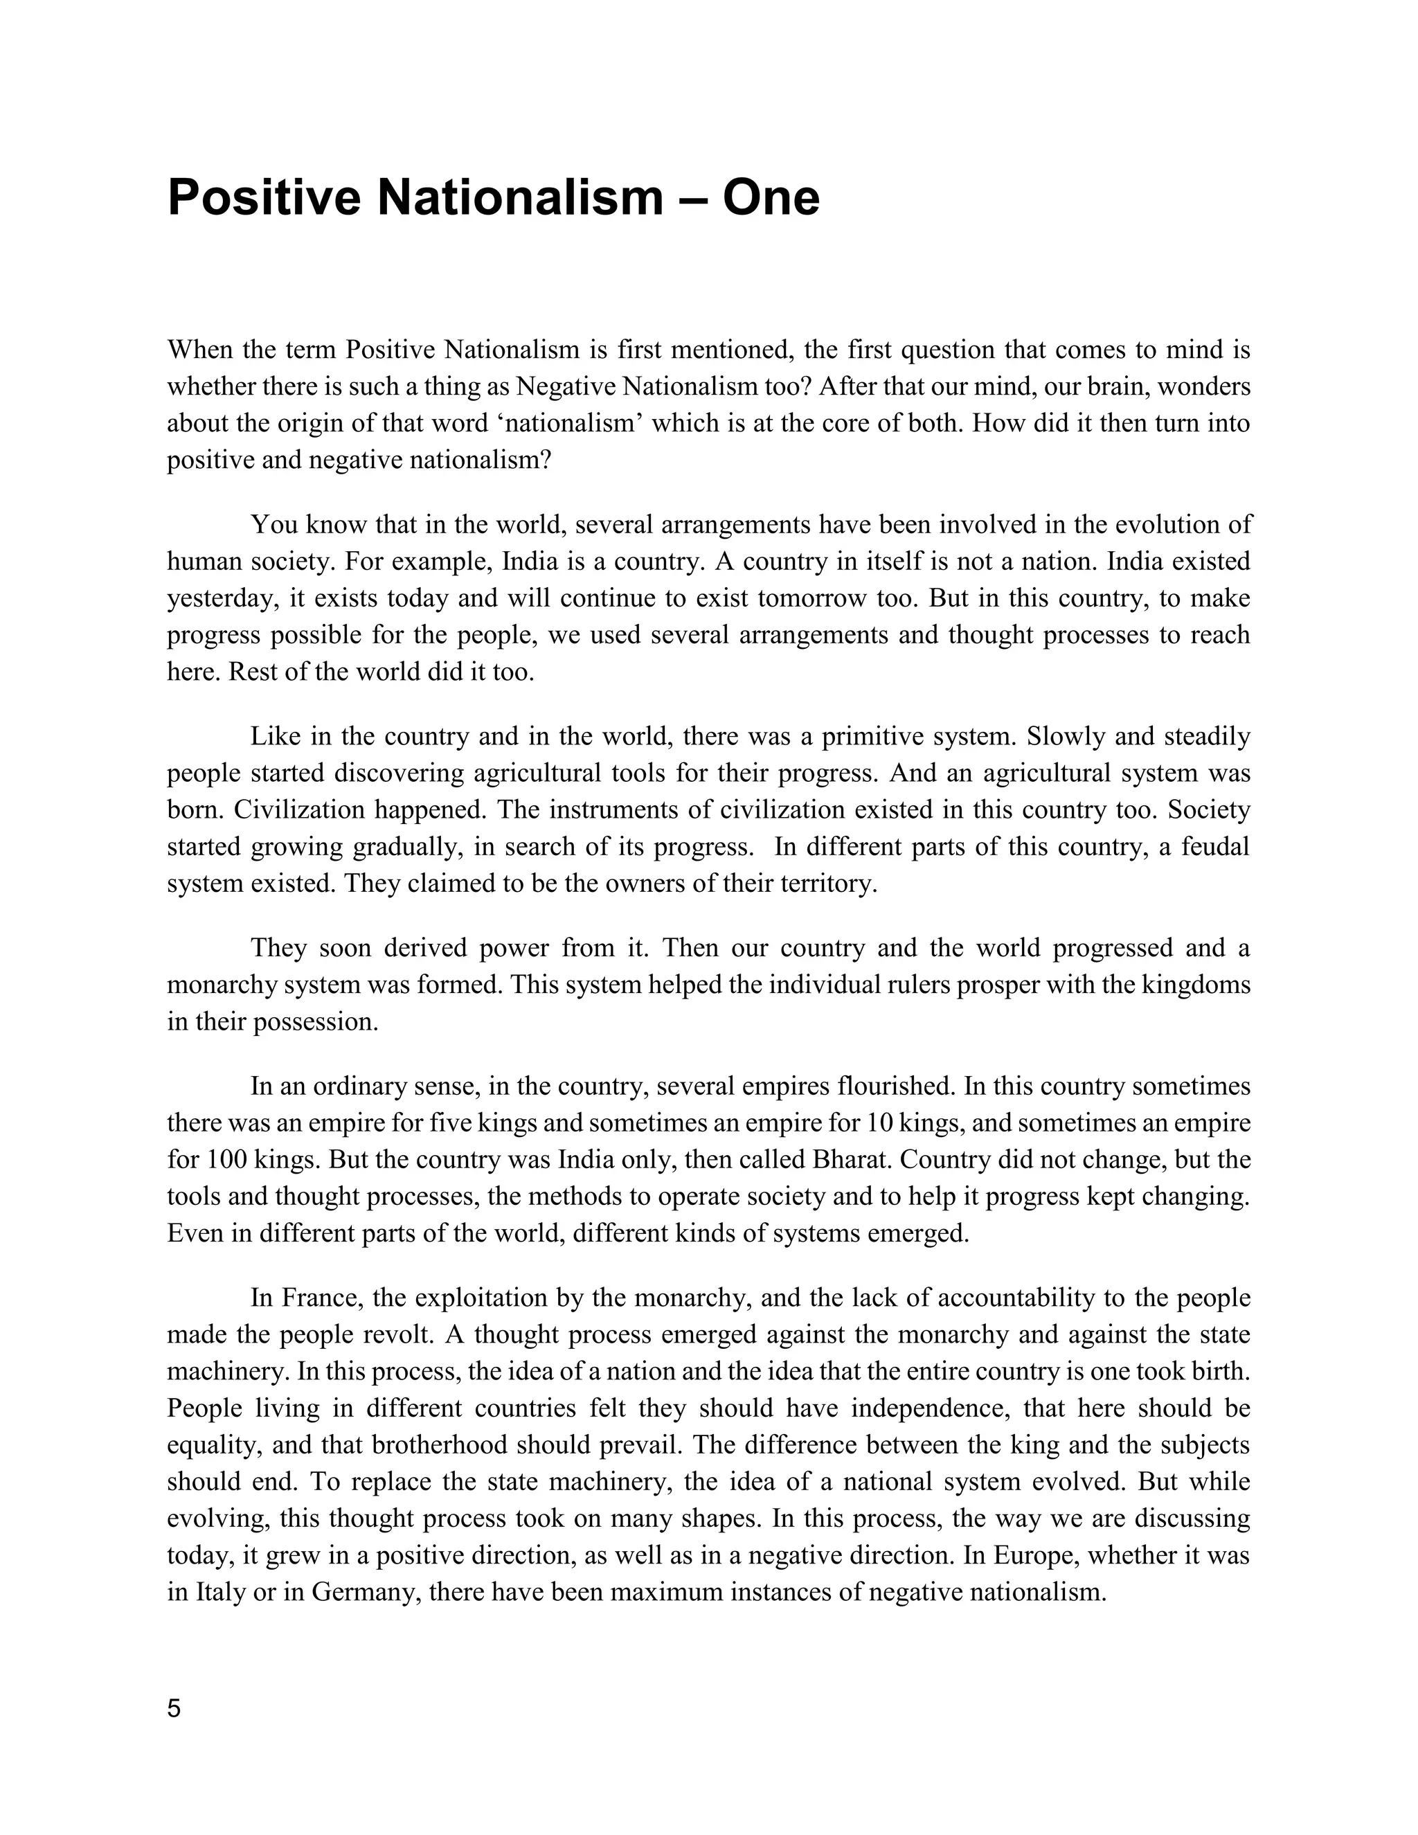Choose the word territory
pyautogui.click(x=819, y=883)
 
